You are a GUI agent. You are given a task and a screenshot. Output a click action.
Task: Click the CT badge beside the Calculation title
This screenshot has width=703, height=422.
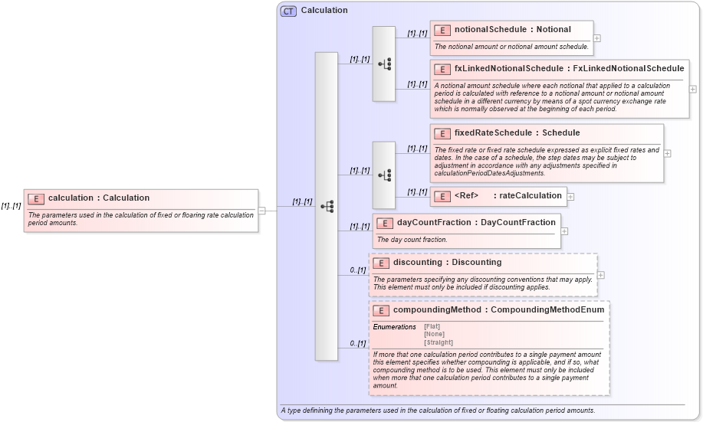pos(288,11)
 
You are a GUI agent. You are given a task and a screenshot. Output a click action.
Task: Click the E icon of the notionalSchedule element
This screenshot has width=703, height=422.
pos(442,30)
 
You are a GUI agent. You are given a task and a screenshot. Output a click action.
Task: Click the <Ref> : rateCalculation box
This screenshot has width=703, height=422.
pos(498,196)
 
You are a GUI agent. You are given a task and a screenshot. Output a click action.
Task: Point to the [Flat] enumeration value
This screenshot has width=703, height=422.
pos(432,327)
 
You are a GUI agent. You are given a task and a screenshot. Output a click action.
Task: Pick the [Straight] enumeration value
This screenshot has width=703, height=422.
pos(439,342)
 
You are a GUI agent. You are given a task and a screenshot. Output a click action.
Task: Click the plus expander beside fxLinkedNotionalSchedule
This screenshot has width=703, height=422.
pos(693,89)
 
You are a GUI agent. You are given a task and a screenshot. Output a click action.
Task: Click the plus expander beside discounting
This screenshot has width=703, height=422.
pos(600,275)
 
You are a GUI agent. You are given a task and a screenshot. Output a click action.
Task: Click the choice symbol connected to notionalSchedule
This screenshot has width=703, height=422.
pos(384,64)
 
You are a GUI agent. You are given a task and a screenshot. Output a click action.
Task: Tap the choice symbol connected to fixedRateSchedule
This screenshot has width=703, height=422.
pos(384,175)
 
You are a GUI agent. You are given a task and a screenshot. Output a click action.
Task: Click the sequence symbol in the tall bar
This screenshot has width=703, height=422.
pos(327,207)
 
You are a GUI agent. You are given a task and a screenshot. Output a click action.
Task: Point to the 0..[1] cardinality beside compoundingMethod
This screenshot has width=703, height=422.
pos(356,343)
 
